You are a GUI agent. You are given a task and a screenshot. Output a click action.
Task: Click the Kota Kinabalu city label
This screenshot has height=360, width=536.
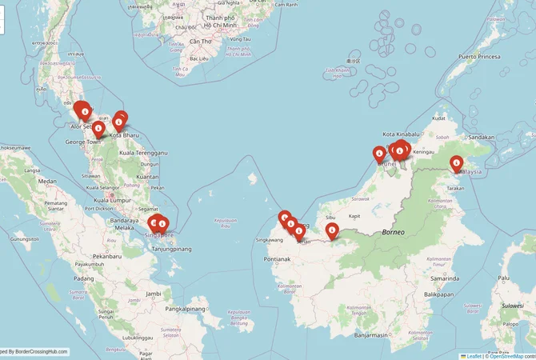click(401, 134)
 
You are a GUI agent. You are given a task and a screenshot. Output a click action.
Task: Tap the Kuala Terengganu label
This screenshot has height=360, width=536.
click(142, 152)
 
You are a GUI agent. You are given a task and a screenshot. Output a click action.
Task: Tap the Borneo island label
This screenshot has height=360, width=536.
click(394, 232)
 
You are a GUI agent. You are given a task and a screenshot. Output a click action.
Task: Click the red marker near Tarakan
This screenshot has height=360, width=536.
click(457, 164)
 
